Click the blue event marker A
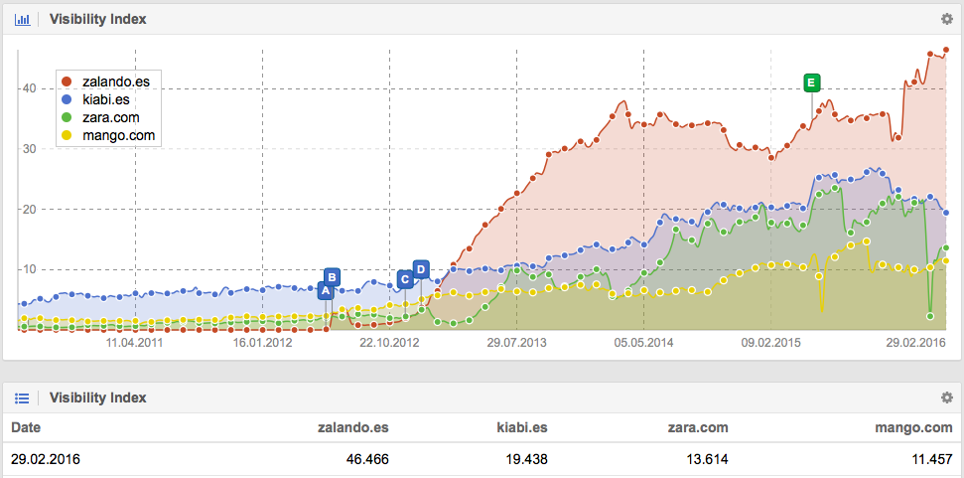click(x=325, y=291)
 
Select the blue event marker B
click(x=333, y=276)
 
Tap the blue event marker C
click(x=405, y=279)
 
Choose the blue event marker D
click(x=421, y=269)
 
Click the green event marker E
click(x=812, y=81)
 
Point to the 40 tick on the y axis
click(x=30, y=88)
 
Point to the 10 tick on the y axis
click(x=30, y=269)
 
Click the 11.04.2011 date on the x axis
click(x=135, y=343)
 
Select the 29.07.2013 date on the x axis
click(x=516, y=343)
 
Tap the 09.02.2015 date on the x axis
click(x=770, y=343)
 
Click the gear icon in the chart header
click(x=946, y=19)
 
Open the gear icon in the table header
click(x=946, y=398)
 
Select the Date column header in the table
click(x=26, y=427)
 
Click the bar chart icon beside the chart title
click(x=21, y=19)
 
